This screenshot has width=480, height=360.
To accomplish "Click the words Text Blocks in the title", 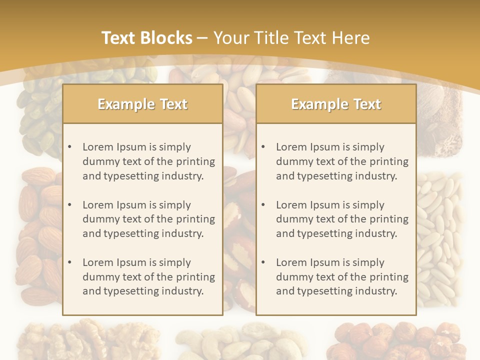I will [146, 38].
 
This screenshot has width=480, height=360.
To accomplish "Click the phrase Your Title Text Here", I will [292, 38].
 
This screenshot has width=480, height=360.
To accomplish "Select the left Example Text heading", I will [142, 104].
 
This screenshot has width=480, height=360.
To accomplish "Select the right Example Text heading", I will [336, 104].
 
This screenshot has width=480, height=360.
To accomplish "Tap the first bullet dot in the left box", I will [69, 147].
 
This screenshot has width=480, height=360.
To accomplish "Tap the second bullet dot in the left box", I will [69, 205].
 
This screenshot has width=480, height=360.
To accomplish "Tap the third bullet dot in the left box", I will [69, 262].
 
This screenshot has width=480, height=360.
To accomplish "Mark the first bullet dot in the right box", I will [263, 147].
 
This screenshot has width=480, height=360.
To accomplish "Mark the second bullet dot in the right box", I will [263, 205].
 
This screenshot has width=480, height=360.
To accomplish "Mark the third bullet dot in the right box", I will [263, 262].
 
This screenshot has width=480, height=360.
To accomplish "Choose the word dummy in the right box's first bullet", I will [291, 161].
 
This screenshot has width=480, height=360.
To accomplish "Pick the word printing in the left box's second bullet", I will [195, 219].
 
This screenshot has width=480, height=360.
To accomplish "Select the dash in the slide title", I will [202, 38].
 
